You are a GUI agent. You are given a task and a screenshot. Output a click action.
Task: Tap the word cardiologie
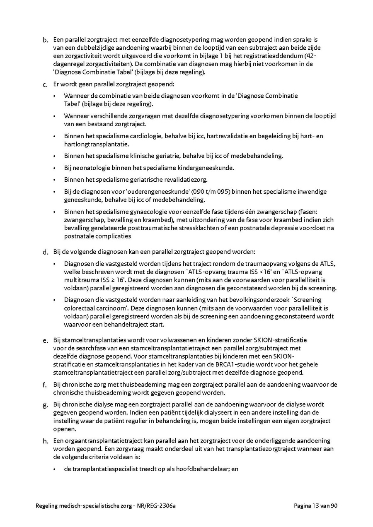pyautogui.click(x=143, y=136)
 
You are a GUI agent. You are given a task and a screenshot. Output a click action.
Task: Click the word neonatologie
pyautogui.click(x=87, y=168)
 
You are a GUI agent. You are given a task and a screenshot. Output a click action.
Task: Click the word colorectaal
pyautogui.click(x=79, y=308)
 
